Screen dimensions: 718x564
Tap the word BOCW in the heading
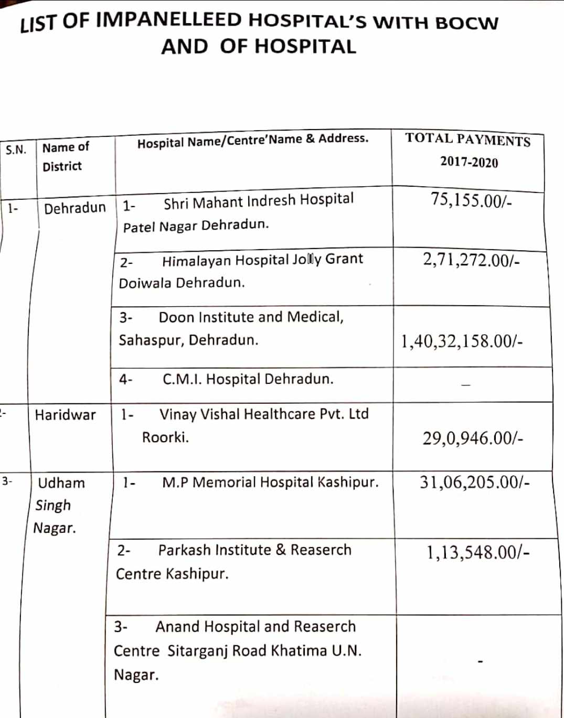pos(466,24)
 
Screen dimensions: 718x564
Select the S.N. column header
pos(16,150)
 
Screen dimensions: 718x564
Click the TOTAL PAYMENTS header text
pos(467,140)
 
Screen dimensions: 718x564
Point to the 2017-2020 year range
pos(469,162)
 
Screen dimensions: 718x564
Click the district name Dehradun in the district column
pos(75,208)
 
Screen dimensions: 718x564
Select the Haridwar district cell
pos(65,415)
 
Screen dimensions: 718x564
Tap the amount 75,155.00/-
pos(471,200)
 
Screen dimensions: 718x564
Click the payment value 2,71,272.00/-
pos(471,260)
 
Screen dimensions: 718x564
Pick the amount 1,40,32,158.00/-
pos(462,341)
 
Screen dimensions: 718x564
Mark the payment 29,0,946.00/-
pos(472,438)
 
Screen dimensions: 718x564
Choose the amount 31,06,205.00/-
pos(474,482)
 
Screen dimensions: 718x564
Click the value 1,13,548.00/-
pos(477,552)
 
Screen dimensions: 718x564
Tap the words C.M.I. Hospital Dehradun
pos(248,379)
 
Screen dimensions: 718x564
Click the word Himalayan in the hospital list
pos(196,261)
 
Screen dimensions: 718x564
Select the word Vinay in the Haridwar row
pos(177,414)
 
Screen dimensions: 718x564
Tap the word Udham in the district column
pos(61,483)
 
